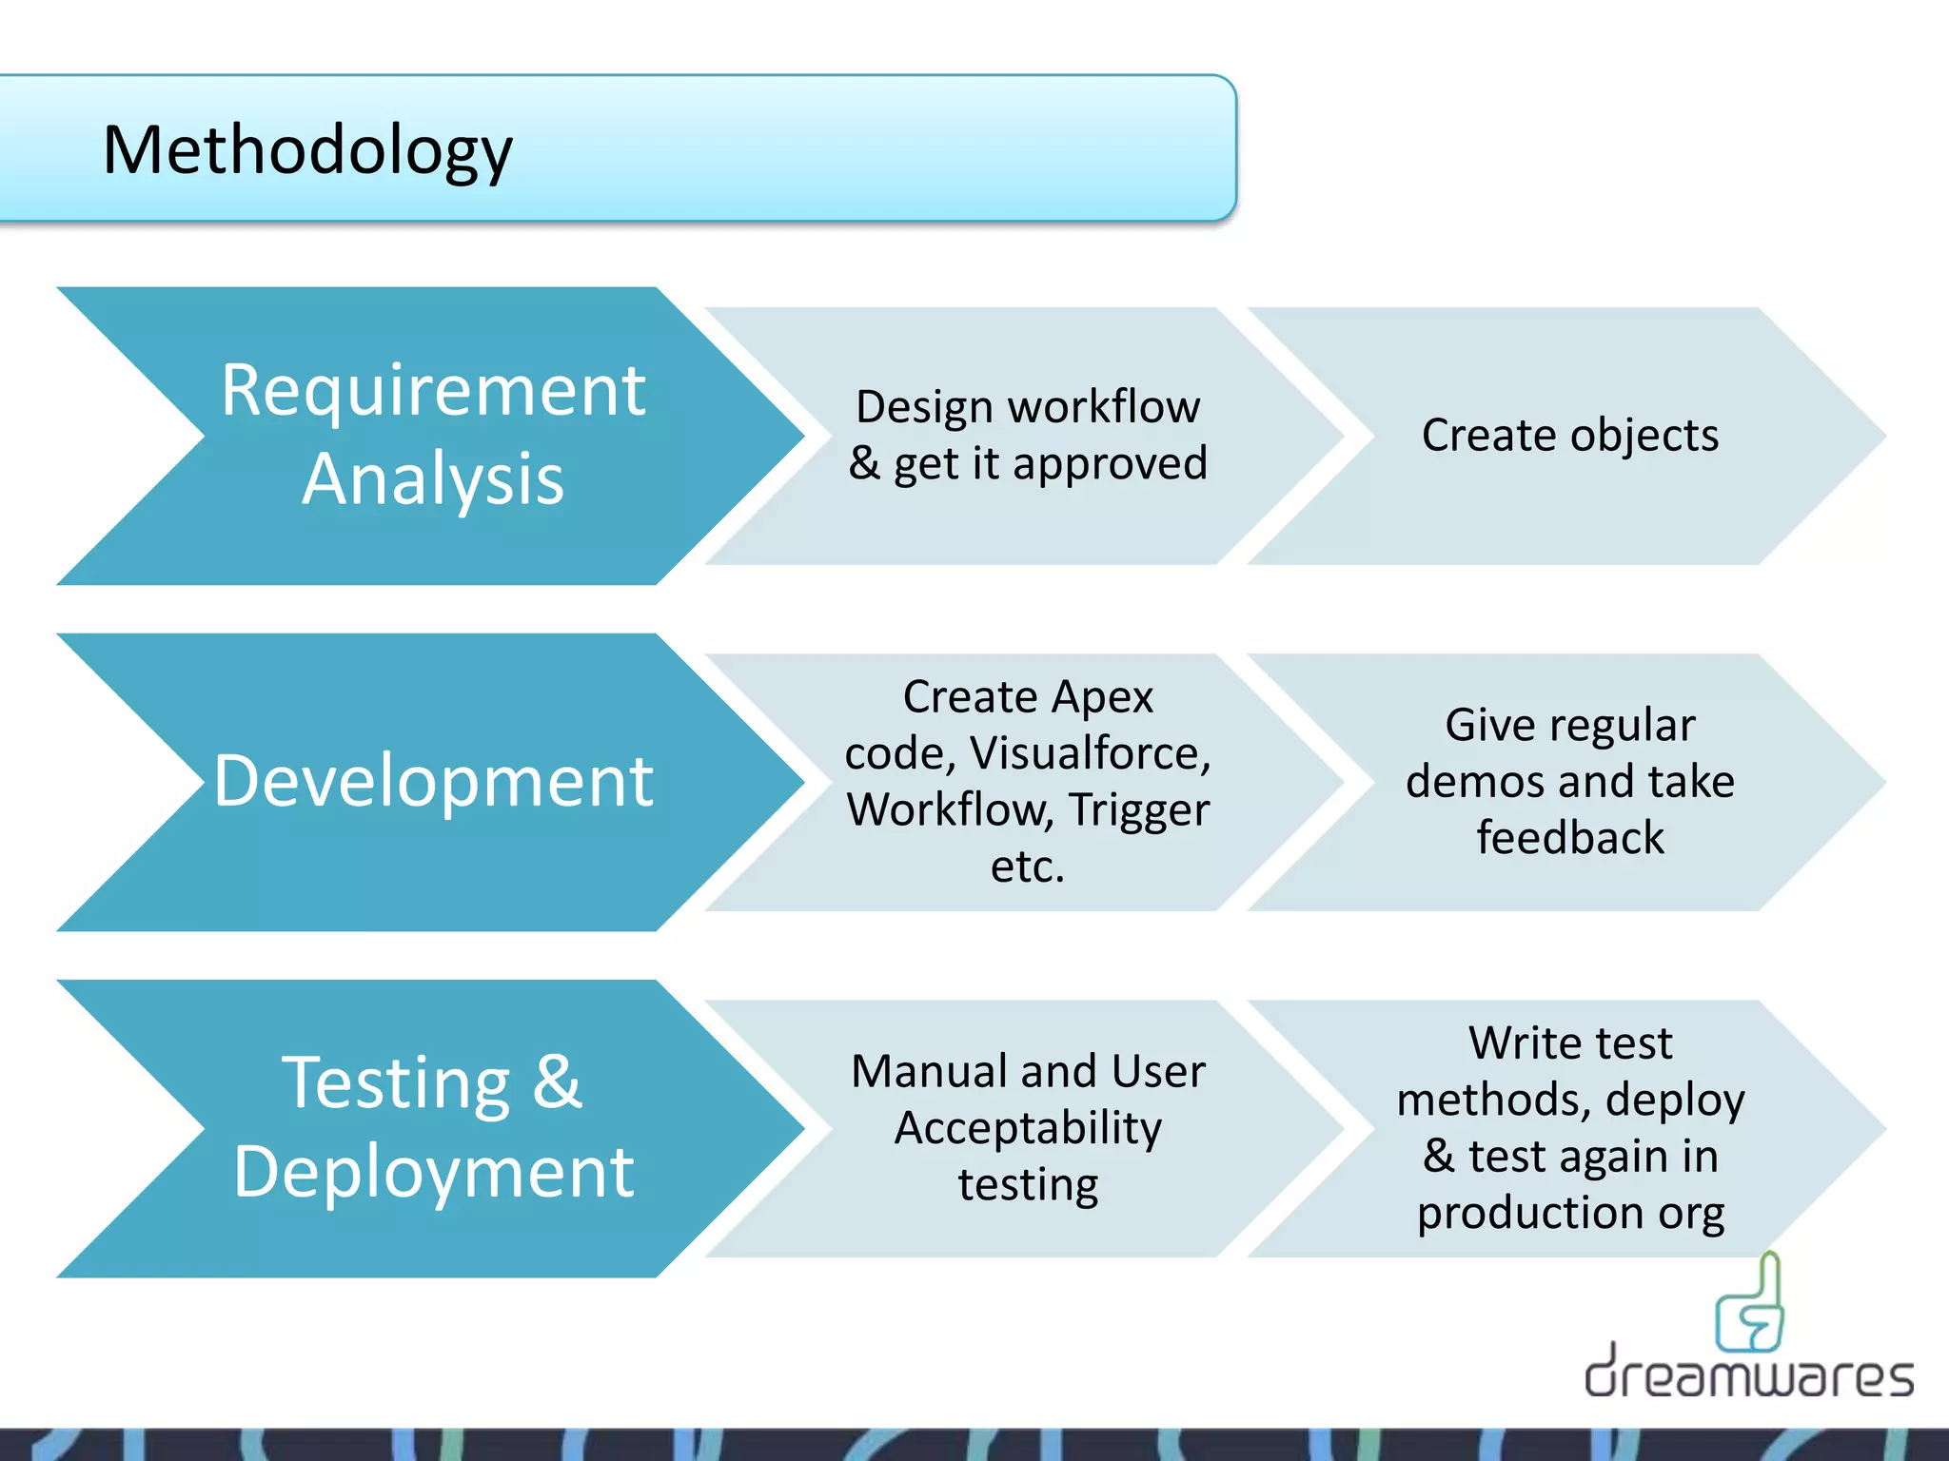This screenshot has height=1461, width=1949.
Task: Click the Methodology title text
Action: [307, 150]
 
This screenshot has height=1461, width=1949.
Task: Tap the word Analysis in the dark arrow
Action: [433, 479]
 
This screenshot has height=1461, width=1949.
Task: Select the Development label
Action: [433, 781]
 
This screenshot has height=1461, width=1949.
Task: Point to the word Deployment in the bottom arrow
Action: [433, 1172]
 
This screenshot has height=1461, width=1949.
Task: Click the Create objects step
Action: [1570, 436]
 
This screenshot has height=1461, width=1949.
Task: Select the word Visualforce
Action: [1091, 753]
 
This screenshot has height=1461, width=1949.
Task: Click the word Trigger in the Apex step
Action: [1138, 810]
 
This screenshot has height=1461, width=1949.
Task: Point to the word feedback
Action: [1570, 838]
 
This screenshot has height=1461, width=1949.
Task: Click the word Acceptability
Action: [1028, 1129]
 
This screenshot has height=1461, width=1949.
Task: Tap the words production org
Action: [1570, 1213]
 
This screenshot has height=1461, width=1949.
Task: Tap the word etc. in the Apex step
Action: [1028, 867]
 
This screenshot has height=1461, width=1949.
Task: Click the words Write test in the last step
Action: [1570, 1043]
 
